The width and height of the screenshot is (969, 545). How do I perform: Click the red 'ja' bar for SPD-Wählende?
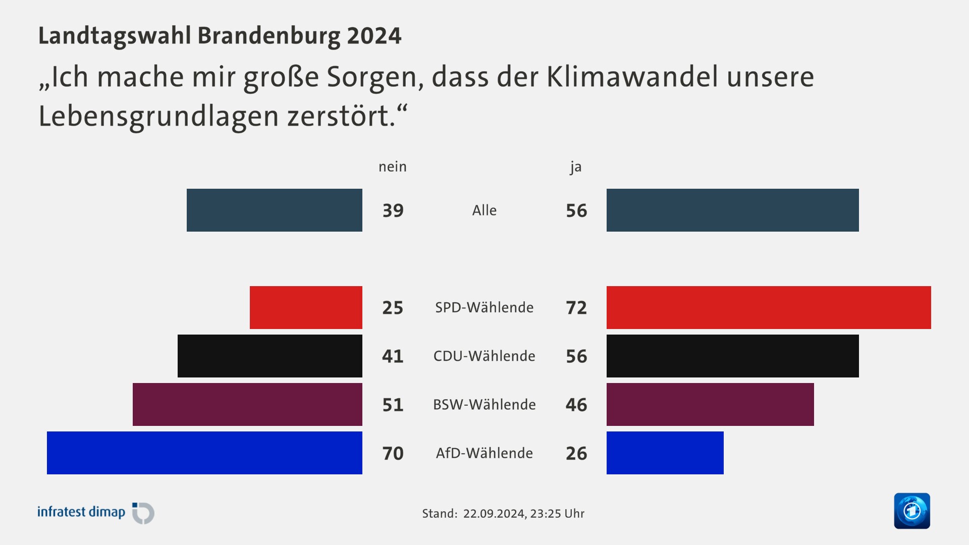[x=769, y=307]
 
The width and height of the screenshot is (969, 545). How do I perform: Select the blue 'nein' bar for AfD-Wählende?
[x=204, y=453]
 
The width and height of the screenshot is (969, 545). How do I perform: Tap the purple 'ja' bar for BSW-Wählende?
[x=710, y=404]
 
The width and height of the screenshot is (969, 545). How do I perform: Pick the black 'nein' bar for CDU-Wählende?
[x=270, y=356]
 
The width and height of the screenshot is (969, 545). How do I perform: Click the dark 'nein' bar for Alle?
[x=275, y=210]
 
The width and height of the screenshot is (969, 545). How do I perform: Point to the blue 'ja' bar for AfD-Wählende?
[x=665, y=453]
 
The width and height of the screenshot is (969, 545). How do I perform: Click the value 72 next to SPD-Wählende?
[x=576, y=308]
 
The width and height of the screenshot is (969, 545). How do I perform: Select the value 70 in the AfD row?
[x=393, y=453]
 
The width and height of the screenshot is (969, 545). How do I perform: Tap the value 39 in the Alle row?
[x=393, y=210]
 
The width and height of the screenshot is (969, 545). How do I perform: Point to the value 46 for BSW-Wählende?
[x=576, y=405]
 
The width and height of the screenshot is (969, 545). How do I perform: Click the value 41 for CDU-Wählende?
[x=393, y=356]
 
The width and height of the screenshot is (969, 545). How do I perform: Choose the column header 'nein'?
[x=393, y=167]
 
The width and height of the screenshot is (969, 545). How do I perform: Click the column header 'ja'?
[x=576, y=167]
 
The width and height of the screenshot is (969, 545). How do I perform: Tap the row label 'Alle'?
[x=484, y=210]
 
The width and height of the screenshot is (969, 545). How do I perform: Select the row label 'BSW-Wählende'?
[x=484, y=405]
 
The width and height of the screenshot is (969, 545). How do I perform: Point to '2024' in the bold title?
[x=374, y=36]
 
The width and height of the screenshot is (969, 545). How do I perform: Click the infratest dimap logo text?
[x=81, y=512]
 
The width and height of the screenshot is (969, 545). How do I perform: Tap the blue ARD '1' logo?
[x=912, y=511]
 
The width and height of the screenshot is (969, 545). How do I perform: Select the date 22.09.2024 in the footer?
[x=494, y=514]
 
